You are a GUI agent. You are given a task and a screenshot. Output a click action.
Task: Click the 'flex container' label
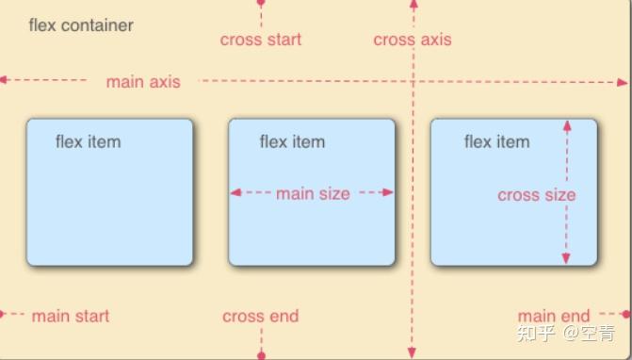click(81, 25)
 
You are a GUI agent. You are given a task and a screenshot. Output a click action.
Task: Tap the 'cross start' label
click(261, 40)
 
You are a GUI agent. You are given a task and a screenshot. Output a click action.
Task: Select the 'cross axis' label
click(412, 40)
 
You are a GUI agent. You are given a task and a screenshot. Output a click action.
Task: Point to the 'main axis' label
click(143, 82)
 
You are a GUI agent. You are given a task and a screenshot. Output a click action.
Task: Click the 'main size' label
click(313, 194)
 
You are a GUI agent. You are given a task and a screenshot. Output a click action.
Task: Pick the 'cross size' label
click(536, 195)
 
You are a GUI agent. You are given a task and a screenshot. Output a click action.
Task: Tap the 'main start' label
click(71, 317)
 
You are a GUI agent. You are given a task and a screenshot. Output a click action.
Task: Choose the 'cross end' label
click(261, 317)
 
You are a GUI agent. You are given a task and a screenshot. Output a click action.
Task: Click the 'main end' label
click(554, 317)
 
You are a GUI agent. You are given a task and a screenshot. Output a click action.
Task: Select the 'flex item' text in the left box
click(89, 142)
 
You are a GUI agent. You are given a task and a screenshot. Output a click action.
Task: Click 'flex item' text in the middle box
click(292, 142)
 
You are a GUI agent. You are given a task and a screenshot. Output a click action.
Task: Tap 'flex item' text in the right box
click(496, 142)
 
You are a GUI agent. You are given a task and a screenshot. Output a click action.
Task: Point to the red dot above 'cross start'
click(261, 4)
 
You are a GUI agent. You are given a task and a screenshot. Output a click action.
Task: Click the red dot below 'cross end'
click(261, 355)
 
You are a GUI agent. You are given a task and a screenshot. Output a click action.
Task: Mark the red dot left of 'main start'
click(3, 313)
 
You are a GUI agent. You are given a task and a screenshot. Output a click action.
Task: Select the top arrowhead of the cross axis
click(413, 5)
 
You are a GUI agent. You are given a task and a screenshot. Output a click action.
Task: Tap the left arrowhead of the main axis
click(5, 80)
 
